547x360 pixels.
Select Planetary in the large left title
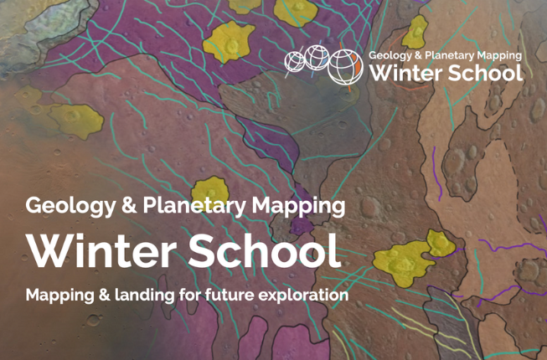coord(194,206)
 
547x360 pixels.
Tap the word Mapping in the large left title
coord(298,206)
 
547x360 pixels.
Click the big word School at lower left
coord(265,250)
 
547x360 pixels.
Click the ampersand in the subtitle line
coord(105,296)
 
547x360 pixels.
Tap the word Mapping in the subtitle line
coord(59,296)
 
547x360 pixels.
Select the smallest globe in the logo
coord(294,61)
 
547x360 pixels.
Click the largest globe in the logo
coord(345,67)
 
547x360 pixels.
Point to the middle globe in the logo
coord(317,58)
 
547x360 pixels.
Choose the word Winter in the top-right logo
coord(405,73)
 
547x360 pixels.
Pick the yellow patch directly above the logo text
coord(415,32)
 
